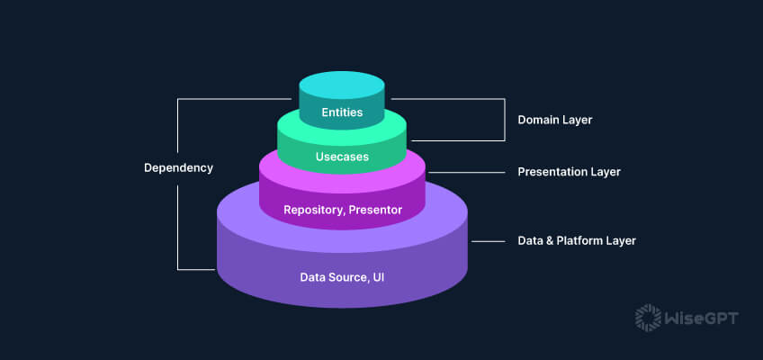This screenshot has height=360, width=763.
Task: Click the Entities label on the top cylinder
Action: (x=342, y=113)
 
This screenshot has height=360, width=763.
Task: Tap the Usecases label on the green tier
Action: (x=342, y=157)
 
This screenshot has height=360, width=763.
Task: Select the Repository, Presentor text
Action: (x=342, y=210)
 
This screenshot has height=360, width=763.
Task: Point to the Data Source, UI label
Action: (x=342, y=276)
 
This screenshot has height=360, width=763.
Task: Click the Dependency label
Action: (x=178, y=167)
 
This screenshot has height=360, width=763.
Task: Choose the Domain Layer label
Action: (x=554, y=119)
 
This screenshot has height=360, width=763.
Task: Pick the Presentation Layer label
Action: (x=569, y=171)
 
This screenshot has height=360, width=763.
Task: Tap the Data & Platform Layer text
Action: (x=577, y=241)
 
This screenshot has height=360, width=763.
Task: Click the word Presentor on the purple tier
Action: (x=375, y=210)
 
